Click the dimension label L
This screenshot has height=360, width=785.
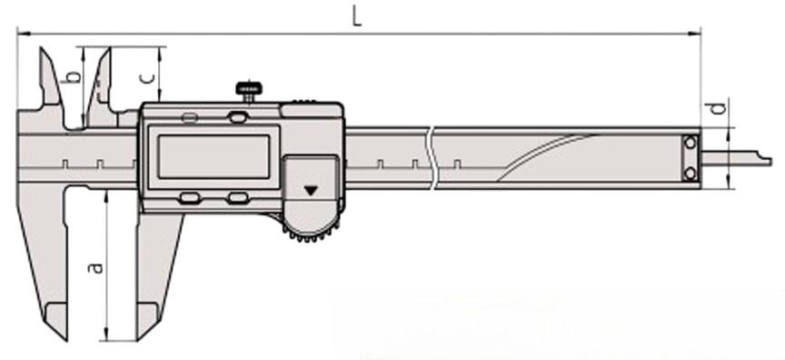(x=356, y=16)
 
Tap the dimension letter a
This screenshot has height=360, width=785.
(x=95, y=268)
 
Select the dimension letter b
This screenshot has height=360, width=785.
(x=74, y=76)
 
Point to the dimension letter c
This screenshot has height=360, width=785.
(x=145, y=78)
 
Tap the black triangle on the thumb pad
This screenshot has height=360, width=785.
(x=311, y=190)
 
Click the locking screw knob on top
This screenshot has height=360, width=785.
(x=249, y=90)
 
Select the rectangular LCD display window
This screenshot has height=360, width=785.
(x=214, y=156)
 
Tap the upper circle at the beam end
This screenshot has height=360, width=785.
(x=690, y=143)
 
